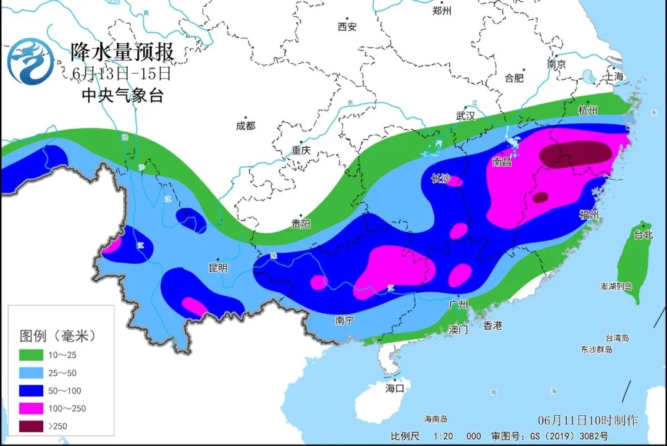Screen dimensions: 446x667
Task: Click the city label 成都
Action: (x=245, y=125)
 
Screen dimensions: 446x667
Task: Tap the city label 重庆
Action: (x=301, y=151)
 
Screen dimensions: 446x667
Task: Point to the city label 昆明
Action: (x=218, y=267)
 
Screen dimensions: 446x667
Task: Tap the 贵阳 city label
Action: (x=301, y=223)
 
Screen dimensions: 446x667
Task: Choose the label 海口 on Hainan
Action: (x=394, y=388)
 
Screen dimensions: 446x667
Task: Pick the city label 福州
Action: (x=589, y=214)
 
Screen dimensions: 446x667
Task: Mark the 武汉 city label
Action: (x=466, y=115)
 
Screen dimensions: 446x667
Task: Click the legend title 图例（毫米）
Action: (x=58, y=336)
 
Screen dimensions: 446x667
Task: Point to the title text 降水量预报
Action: (x=122, y=52)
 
